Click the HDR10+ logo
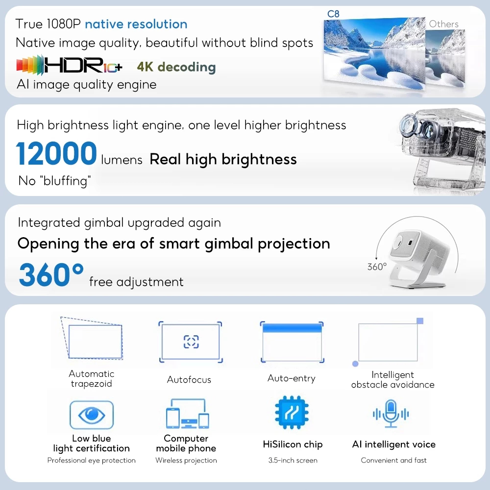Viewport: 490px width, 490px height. (x=69, y=65)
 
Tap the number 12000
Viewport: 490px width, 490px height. (x=56, y=153)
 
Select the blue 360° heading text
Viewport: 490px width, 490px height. (x=51, y=274)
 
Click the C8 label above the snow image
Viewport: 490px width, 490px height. (x=333, y=14)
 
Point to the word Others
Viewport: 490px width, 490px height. (x=444, y=24)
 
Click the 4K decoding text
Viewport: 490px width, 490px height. (x=176, y=67)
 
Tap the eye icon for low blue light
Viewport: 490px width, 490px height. (x=92, y=415)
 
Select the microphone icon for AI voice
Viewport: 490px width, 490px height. (x=391, y=414)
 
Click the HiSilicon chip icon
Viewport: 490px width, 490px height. (x=292, y=412)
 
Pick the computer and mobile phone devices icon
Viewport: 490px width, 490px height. (x=188, y=414)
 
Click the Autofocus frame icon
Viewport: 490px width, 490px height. (x=190, y=342)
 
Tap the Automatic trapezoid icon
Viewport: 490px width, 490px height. (x=92, y=338)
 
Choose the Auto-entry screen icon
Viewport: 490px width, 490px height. (x=292, y=342)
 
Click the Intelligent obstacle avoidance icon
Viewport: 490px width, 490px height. (x=388, y=342)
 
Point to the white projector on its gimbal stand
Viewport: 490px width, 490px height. (x=417, y=258)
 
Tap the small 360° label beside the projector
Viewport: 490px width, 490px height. (x=377, y=267)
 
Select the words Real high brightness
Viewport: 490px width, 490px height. (x=223, y=159)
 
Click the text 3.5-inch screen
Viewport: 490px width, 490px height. (x=293, y=460)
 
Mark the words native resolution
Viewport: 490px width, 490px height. (x=136, y=24)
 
